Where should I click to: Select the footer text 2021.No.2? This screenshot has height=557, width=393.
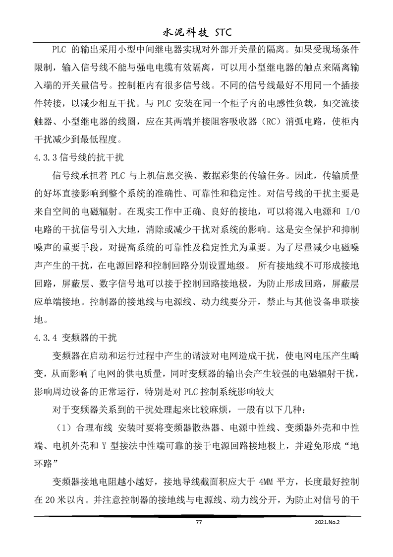point(331,523)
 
